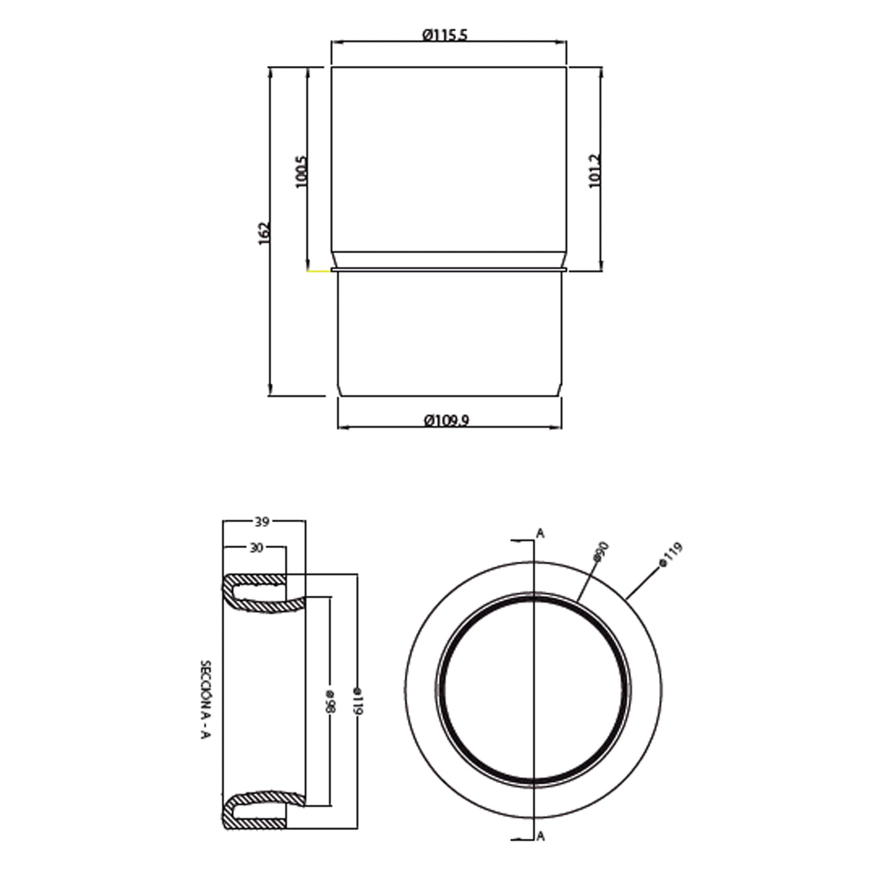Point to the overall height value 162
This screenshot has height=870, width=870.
click(x=265, y=232)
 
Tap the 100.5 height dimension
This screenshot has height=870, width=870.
click(x=302, y=172)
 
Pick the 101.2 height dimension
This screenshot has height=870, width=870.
click(x=595, y=171)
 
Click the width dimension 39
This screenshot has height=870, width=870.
click(x=262, y=521)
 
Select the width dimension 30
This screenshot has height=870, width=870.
click(x=254, y=548)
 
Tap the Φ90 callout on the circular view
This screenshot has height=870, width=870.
click(x=598, y=552)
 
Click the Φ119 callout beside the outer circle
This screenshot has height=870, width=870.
click(x=670, y=555)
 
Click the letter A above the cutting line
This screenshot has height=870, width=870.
click(x=540, y=534)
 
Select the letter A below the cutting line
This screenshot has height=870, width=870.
click(x=541, y=836)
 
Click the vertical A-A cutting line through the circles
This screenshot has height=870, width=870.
click(x=534, y=689)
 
